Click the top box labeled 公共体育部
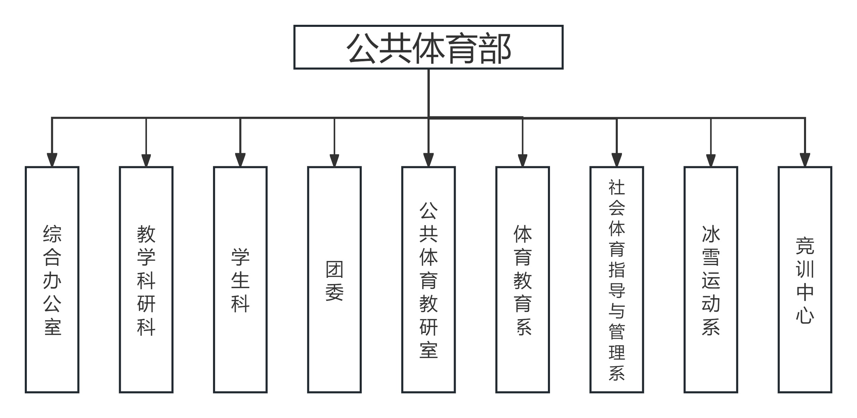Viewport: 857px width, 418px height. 428,47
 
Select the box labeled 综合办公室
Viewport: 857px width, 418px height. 52,279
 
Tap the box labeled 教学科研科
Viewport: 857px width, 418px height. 146,279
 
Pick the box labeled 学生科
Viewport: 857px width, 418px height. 240,279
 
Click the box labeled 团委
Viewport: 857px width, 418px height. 334,279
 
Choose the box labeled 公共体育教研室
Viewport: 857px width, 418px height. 428,279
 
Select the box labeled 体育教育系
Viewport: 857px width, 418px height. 522,279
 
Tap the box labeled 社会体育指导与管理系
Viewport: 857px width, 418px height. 616,279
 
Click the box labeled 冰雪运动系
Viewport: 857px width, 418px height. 711,279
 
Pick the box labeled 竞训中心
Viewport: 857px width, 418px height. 805,279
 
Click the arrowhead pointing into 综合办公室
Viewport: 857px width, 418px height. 52,160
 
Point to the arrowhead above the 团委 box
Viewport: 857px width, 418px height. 334,160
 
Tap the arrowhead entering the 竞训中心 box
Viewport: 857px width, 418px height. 805,160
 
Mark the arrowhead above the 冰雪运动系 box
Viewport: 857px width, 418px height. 711,160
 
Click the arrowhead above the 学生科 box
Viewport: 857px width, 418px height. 240,160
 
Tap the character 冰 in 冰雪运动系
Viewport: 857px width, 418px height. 711,234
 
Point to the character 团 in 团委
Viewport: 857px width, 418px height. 334,269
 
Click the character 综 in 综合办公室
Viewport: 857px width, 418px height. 52,234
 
